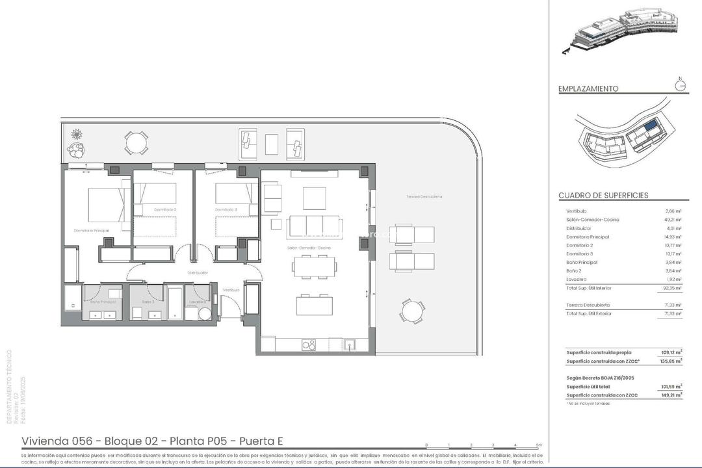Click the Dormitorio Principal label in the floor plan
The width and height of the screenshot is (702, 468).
(x=91, y=231)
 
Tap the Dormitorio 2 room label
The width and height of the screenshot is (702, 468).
(x=165, y=210)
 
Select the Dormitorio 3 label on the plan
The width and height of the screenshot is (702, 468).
(x=227, y=210)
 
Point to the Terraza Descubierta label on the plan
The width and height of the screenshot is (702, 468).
(x=424, y=196)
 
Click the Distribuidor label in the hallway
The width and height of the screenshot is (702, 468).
(x=198, y=273)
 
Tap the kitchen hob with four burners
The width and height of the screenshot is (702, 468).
(x=309, y=345)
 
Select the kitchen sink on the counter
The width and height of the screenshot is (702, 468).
(x=350, y=344)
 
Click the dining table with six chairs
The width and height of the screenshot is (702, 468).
(x=315, y=266)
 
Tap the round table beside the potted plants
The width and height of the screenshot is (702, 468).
(x=136, y=142)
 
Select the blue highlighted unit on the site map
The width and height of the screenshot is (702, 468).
(x=650, y=126)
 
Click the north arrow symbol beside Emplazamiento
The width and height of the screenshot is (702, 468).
(x=680, y=85)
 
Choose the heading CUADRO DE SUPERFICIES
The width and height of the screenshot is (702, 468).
(x=603, y=196)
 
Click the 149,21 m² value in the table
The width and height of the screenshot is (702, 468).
(x=671, y=395)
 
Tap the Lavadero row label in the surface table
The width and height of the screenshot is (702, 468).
(x=577, y=279)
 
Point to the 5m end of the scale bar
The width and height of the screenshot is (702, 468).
(x=539, y=446)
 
